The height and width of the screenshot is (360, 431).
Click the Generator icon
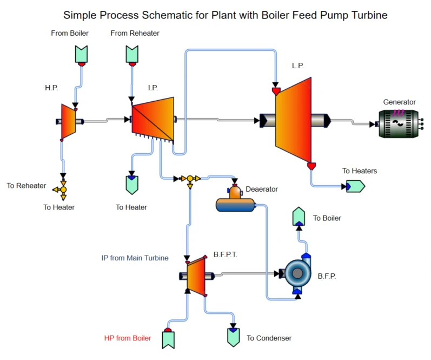(399, 123)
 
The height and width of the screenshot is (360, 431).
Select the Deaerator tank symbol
(235, 202)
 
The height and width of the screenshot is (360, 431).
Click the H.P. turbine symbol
(69, 121)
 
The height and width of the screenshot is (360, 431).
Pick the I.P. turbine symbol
(153, 118)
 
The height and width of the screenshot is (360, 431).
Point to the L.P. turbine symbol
(294, 120)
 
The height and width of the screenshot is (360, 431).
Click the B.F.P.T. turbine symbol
(196, 276)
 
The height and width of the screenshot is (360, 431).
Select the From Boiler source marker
(81, 54)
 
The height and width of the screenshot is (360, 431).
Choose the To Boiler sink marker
(299, 217)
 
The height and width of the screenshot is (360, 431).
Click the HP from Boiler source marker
(168, 338)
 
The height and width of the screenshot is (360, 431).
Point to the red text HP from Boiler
(128, 338)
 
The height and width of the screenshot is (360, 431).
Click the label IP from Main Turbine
(135, 258)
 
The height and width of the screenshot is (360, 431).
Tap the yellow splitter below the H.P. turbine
(63, 189)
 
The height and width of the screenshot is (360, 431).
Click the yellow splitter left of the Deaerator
(190, 179)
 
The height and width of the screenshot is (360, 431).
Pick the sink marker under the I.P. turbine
(131, 184)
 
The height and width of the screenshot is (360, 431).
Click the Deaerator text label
(262, 189)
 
